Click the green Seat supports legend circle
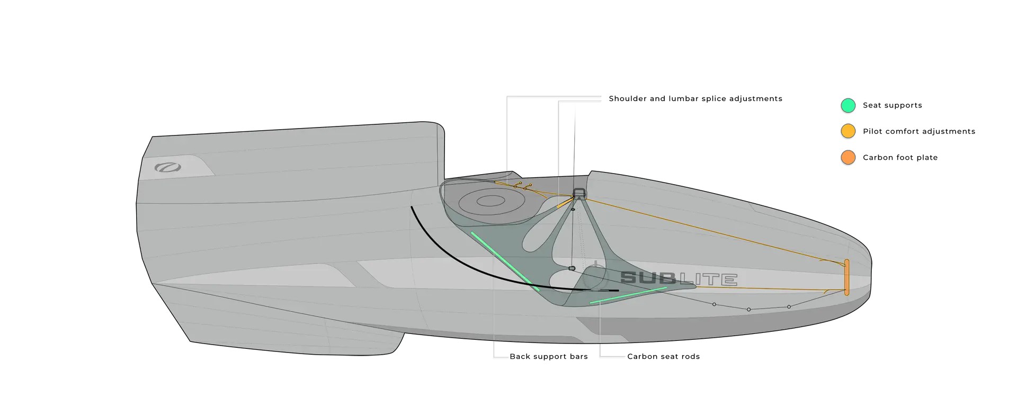(848, 105)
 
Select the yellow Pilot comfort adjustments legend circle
(848, 131)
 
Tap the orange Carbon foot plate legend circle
(848, 157)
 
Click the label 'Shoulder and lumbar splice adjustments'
(695, 98)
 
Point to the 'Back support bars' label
(549, 357)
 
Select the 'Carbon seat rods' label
(664, 357)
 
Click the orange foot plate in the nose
(846, 277)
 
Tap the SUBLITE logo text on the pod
(679, 278)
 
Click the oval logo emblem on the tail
(168, 168)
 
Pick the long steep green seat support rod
(505, 261)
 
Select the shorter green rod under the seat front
(628, 295)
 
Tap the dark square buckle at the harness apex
(579, 193)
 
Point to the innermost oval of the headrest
(491, 201)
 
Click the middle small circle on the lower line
(748, 310)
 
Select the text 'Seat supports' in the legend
(893, 105)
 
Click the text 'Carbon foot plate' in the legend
(900, 158)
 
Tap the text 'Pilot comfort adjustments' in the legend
(919, 131)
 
